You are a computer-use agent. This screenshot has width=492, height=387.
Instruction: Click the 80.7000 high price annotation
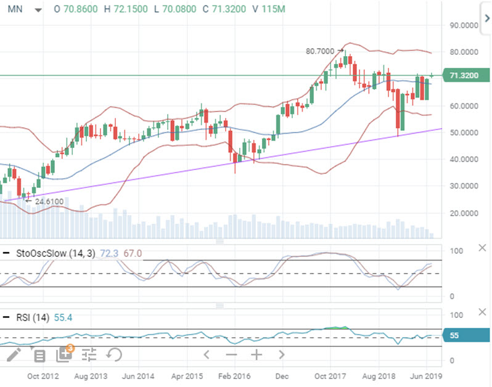(320, 51)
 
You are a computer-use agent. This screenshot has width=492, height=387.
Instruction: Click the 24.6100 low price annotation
(49, 202)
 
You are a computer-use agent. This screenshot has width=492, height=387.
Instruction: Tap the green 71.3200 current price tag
(465, 75)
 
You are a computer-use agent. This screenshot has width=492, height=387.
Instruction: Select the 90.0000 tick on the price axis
(464, 25)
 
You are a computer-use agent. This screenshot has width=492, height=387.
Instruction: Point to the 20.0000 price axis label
(464, 213)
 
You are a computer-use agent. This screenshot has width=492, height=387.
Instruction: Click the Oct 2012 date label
(43, 376)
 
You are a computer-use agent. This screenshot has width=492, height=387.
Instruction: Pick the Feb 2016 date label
(234, 376)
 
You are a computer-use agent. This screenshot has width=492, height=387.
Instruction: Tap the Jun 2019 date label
(426, 376)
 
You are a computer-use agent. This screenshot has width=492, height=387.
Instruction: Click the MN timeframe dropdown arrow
(38, 10)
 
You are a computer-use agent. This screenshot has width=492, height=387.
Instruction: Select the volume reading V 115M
(269, 9)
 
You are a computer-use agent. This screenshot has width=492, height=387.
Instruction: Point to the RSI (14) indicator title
(33, 317)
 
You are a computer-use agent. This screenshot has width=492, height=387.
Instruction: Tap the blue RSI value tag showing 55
(465, 335)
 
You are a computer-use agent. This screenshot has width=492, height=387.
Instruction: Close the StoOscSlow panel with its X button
(482, 248)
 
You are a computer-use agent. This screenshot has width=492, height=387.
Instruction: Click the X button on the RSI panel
(482, 312)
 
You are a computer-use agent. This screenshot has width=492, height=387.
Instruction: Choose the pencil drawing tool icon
(14, 355)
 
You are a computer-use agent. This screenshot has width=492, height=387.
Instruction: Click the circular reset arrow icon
(114, 355)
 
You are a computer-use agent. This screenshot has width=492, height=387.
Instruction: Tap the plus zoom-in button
(256, 355)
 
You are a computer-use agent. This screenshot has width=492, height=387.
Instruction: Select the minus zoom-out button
(231, 355)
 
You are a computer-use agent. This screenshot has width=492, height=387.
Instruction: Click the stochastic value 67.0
(133, 253)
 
